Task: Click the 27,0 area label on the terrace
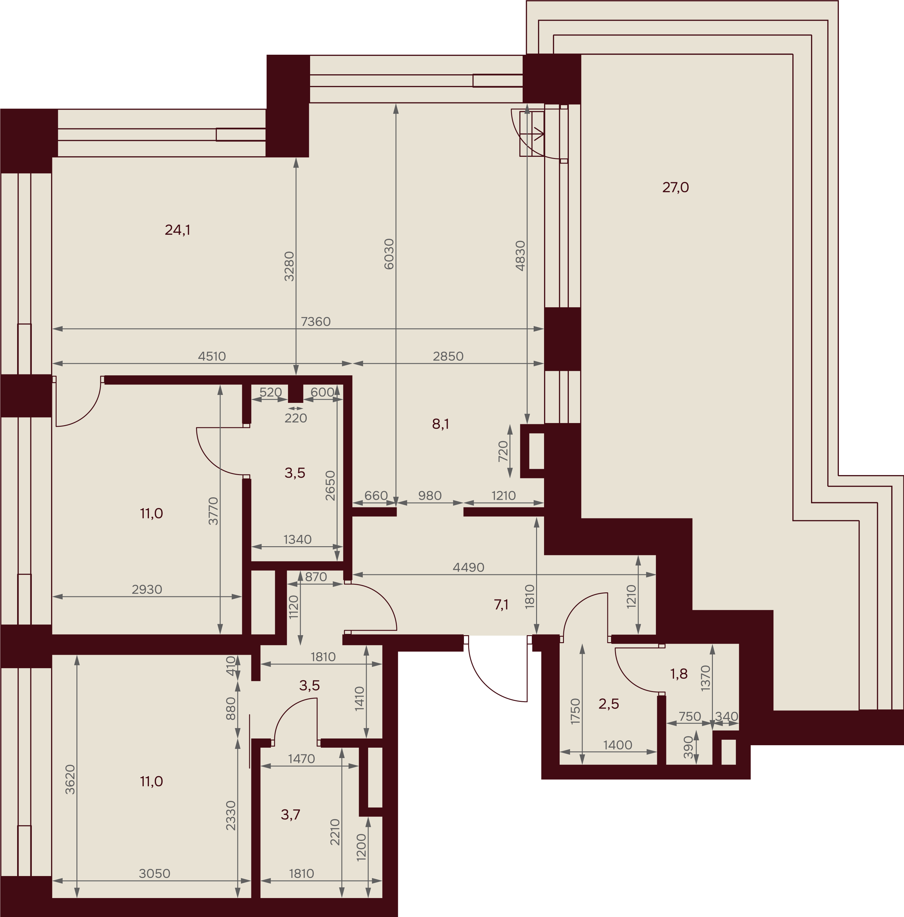(675, 187)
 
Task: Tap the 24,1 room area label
(178, 230)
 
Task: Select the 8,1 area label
(441, 424)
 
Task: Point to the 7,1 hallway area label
(501, 605)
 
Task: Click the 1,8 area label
(679, 674)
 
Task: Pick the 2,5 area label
(609, 704)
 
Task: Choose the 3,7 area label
(291, 815)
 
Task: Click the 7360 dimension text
(316, 322)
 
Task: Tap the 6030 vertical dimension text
(389, 254)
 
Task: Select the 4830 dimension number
(521, 256)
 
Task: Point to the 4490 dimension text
(469, 568)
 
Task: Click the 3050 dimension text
(155, 874)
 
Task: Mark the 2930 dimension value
(147, 590)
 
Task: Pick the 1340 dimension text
(298, 540)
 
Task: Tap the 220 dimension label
(296, 418)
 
